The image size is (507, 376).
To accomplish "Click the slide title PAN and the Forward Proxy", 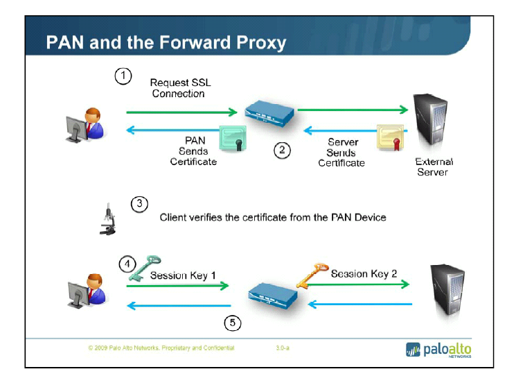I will click(166, 43).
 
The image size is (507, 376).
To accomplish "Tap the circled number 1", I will click(123, 76).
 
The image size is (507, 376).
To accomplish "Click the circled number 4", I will click(126, 264).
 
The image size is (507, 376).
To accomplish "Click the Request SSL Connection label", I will click(179, 88).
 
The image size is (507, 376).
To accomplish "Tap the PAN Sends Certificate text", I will click(193, 151).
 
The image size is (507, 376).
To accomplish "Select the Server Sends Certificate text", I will click(341, 153).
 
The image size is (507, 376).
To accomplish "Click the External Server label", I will click(434, 166).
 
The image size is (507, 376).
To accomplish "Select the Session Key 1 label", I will click(183, 275).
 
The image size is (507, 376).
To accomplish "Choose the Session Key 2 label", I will click(364, 273).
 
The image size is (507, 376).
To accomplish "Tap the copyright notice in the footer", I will click(161, 348).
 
